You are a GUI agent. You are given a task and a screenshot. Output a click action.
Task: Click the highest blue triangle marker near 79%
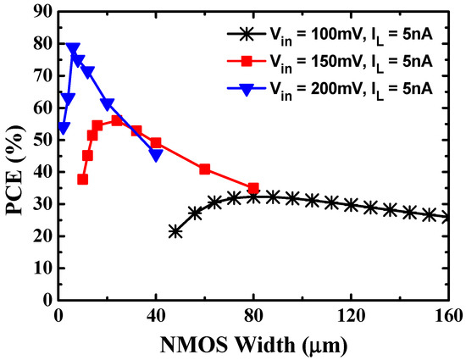[x=73, y=48]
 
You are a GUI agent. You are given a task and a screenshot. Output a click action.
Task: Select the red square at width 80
[x=253, y=188]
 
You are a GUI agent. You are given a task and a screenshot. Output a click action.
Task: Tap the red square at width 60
[x=204, y=169]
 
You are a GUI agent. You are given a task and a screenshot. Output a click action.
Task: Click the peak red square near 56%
[x=117, y=120]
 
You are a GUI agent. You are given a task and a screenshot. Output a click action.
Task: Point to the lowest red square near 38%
[x=82, y=179]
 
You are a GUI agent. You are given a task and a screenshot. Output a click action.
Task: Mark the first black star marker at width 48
[x=175, y=231]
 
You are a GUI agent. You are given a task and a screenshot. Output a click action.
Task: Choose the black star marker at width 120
[x=351, y=204]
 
